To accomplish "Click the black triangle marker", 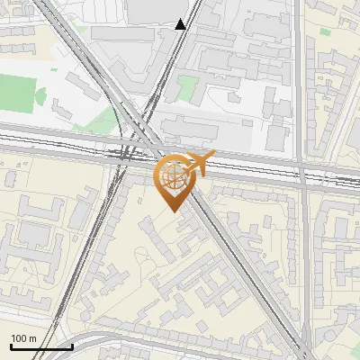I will click(181, 24).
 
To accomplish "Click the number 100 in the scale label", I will click(20, 338).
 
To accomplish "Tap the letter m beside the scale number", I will click(33, 338).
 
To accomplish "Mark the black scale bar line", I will click(40, 346).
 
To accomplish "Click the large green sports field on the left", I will click(20, 93).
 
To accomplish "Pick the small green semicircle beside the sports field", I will click(40, 94).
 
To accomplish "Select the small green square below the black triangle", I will click(187, 88).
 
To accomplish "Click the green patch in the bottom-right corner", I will click(352, 354).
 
